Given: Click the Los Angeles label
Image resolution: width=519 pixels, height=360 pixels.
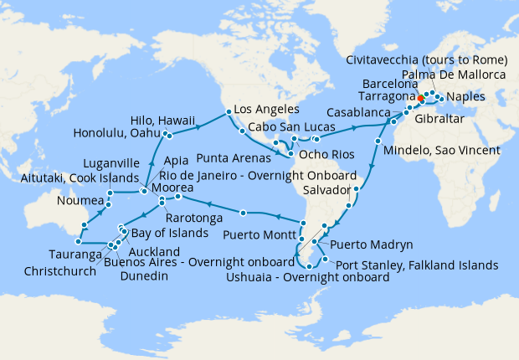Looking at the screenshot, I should [x=265, y=110].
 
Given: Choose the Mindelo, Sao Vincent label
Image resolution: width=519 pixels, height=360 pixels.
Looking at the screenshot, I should [x=440, y=151].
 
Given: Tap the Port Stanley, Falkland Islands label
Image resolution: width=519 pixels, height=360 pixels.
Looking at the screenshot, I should [x=416, y=265].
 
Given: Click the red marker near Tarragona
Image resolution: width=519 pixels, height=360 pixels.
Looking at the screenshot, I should [x=420, y=98].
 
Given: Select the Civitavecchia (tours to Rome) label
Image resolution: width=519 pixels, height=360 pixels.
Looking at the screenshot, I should [x=426, y=59].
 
